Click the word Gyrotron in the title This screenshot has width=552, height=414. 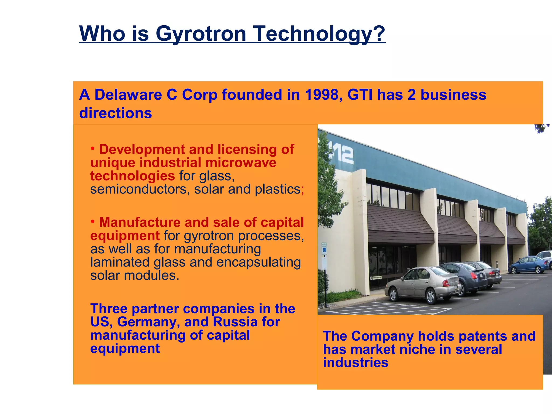point(201,34)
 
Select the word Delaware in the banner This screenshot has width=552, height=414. point(128,95)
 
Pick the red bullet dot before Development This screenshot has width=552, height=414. point(93,149)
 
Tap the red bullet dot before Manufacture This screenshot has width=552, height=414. point(93,222)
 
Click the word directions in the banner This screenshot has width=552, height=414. point(115,113)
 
